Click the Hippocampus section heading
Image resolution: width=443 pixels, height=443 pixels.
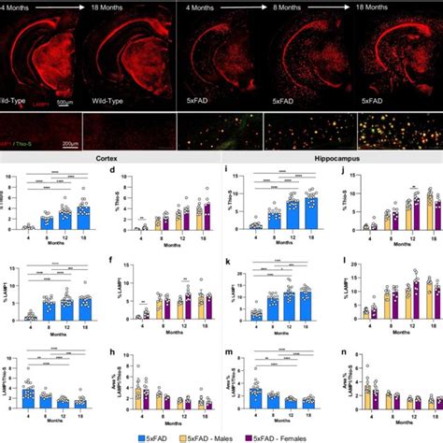pos(329,158)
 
